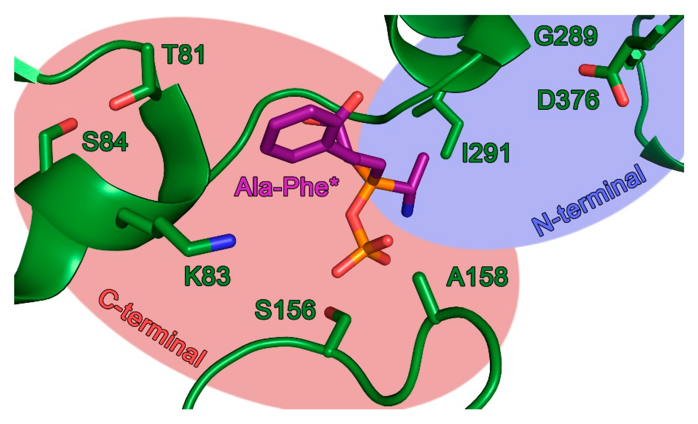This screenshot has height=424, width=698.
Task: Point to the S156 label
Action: (x=285, y=310)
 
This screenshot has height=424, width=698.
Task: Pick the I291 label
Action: (x=485, y=153)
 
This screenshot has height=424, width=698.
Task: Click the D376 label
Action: (x=568, y=100)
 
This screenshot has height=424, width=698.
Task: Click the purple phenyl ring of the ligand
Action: (x=295, y=136)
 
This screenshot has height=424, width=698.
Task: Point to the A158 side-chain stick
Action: (x=425, y=297)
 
